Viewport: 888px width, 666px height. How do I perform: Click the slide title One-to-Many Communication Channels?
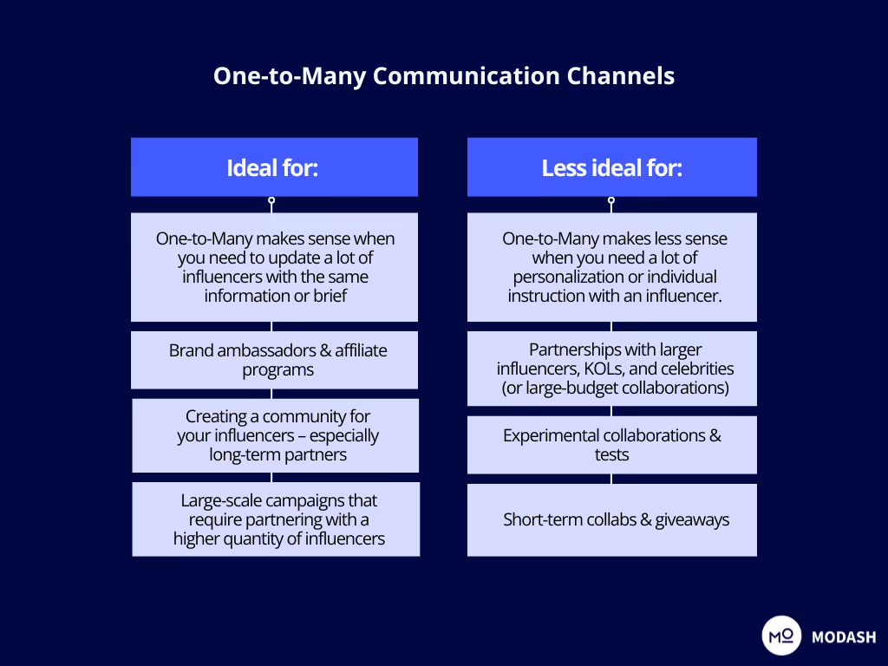pos(444,75)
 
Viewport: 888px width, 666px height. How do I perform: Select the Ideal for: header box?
pos(274,167)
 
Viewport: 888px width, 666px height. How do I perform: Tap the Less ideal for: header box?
pos(611,167)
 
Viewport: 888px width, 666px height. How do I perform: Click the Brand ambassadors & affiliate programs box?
pos(274,360)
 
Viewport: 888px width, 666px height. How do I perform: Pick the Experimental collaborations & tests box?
pos(611,445)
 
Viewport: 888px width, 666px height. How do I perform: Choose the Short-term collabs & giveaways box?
pos(611,520)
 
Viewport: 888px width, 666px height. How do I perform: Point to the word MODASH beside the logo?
pos(844,637)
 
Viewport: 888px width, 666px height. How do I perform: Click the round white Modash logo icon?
pos(781,637)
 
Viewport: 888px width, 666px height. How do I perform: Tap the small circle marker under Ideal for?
pos(271,200)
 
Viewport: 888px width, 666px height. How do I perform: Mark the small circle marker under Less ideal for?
pos(611,200)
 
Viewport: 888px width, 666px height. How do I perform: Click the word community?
pos(310,417)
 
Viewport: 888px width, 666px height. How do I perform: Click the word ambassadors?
pos(257,350)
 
